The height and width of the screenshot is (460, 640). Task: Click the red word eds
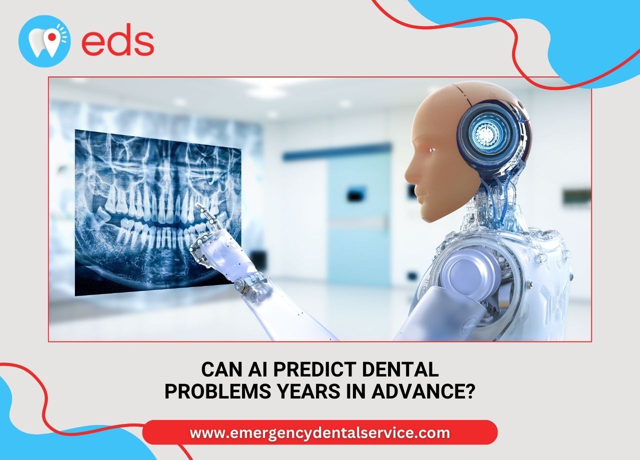(117, 39)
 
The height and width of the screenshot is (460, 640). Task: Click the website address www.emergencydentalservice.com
(319, 432)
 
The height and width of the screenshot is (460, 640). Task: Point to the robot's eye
(433, 150)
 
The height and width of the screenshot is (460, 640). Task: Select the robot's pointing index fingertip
(197, 204)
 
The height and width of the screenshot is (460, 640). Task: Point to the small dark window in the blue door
(356, 195)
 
